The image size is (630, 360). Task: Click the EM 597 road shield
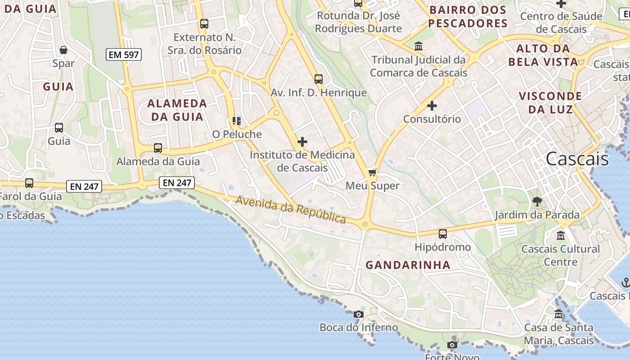click(124, 55)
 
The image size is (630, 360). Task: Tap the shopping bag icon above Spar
click(63, 49)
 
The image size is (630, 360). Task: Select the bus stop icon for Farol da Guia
click(29, 183)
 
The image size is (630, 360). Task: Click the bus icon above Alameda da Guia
click(158, 148)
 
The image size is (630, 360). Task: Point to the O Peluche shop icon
click(236, 121)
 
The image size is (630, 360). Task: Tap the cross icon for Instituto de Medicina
click(302, 142)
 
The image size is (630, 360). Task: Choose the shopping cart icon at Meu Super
click(372, 172)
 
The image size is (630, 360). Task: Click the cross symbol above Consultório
click(432, 106)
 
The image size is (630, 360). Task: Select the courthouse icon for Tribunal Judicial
click(418, 46)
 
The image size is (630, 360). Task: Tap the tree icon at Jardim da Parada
click(537, 201)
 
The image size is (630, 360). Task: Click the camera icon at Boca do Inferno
click(359, 314)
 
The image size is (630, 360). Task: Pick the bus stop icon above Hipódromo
click(443, 234)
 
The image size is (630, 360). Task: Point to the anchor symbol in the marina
click(625, 283)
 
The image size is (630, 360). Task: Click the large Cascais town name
click(577, 159)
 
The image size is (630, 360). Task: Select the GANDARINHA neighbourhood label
click(408, 265)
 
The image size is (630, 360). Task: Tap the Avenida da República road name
click(291, 210)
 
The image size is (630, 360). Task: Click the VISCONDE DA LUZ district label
click(550, 103)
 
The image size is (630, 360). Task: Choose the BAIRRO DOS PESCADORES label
click(468, 17)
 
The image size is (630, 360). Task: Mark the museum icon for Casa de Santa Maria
click(559, 314)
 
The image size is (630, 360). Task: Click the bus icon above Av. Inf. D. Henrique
click(319, 79)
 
